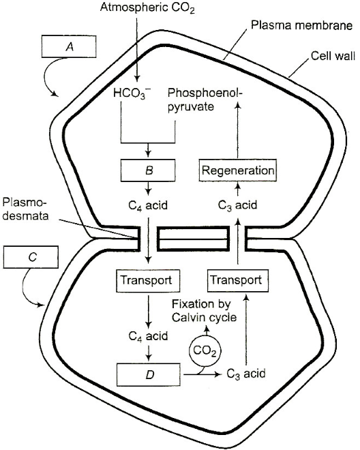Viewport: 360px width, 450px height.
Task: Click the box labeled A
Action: [x=69, y=46]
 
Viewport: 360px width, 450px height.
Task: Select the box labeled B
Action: [x=148, y=170]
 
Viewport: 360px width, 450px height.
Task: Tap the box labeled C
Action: [x=31, y=257]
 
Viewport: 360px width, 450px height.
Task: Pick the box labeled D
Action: [x=149, y=374]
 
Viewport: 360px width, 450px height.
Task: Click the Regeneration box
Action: [x=238, y=170]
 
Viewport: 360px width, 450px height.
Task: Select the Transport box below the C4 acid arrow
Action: [x=148, y=280]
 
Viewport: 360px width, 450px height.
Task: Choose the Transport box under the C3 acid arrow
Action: [x=238, y=280]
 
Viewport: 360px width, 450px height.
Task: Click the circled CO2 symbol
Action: [x=205, y=350]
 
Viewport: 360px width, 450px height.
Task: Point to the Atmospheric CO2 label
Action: [x=147, y=7]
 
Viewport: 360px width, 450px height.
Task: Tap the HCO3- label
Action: [x=132, y=93]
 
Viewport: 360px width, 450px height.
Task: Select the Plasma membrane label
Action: [x=301, y=25]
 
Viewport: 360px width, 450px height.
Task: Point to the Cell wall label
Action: [x=333, y=56]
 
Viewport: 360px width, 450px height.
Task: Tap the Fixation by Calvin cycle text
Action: [x=205, y=311]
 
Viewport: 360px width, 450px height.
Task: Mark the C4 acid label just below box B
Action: [x=148, y=205]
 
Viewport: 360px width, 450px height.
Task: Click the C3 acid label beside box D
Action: [x=245, y=374]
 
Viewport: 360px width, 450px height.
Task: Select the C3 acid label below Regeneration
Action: [x=237, y=205]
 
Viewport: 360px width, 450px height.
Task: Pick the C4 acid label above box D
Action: [x=148, y=335]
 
